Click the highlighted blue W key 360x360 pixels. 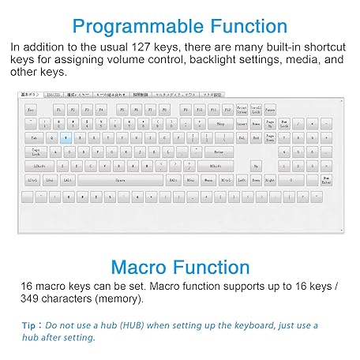(x=66, y=137)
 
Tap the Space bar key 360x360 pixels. (x=120, y=180)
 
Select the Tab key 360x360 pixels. (x=33, y=137)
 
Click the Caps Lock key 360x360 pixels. (x=36, y=152)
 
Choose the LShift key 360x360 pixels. (x=39, y=166)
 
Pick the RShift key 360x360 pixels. (x=216, y=166)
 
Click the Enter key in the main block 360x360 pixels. (x=219, y=152)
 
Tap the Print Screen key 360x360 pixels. (x=242, y=109)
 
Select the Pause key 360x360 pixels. (x=270, y=109)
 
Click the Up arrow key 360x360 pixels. (x=256, y=166)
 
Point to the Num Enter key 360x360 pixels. (x=326, y=180)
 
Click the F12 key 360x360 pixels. (x=227, y=109)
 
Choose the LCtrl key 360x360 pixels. (x=32, y=180)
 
